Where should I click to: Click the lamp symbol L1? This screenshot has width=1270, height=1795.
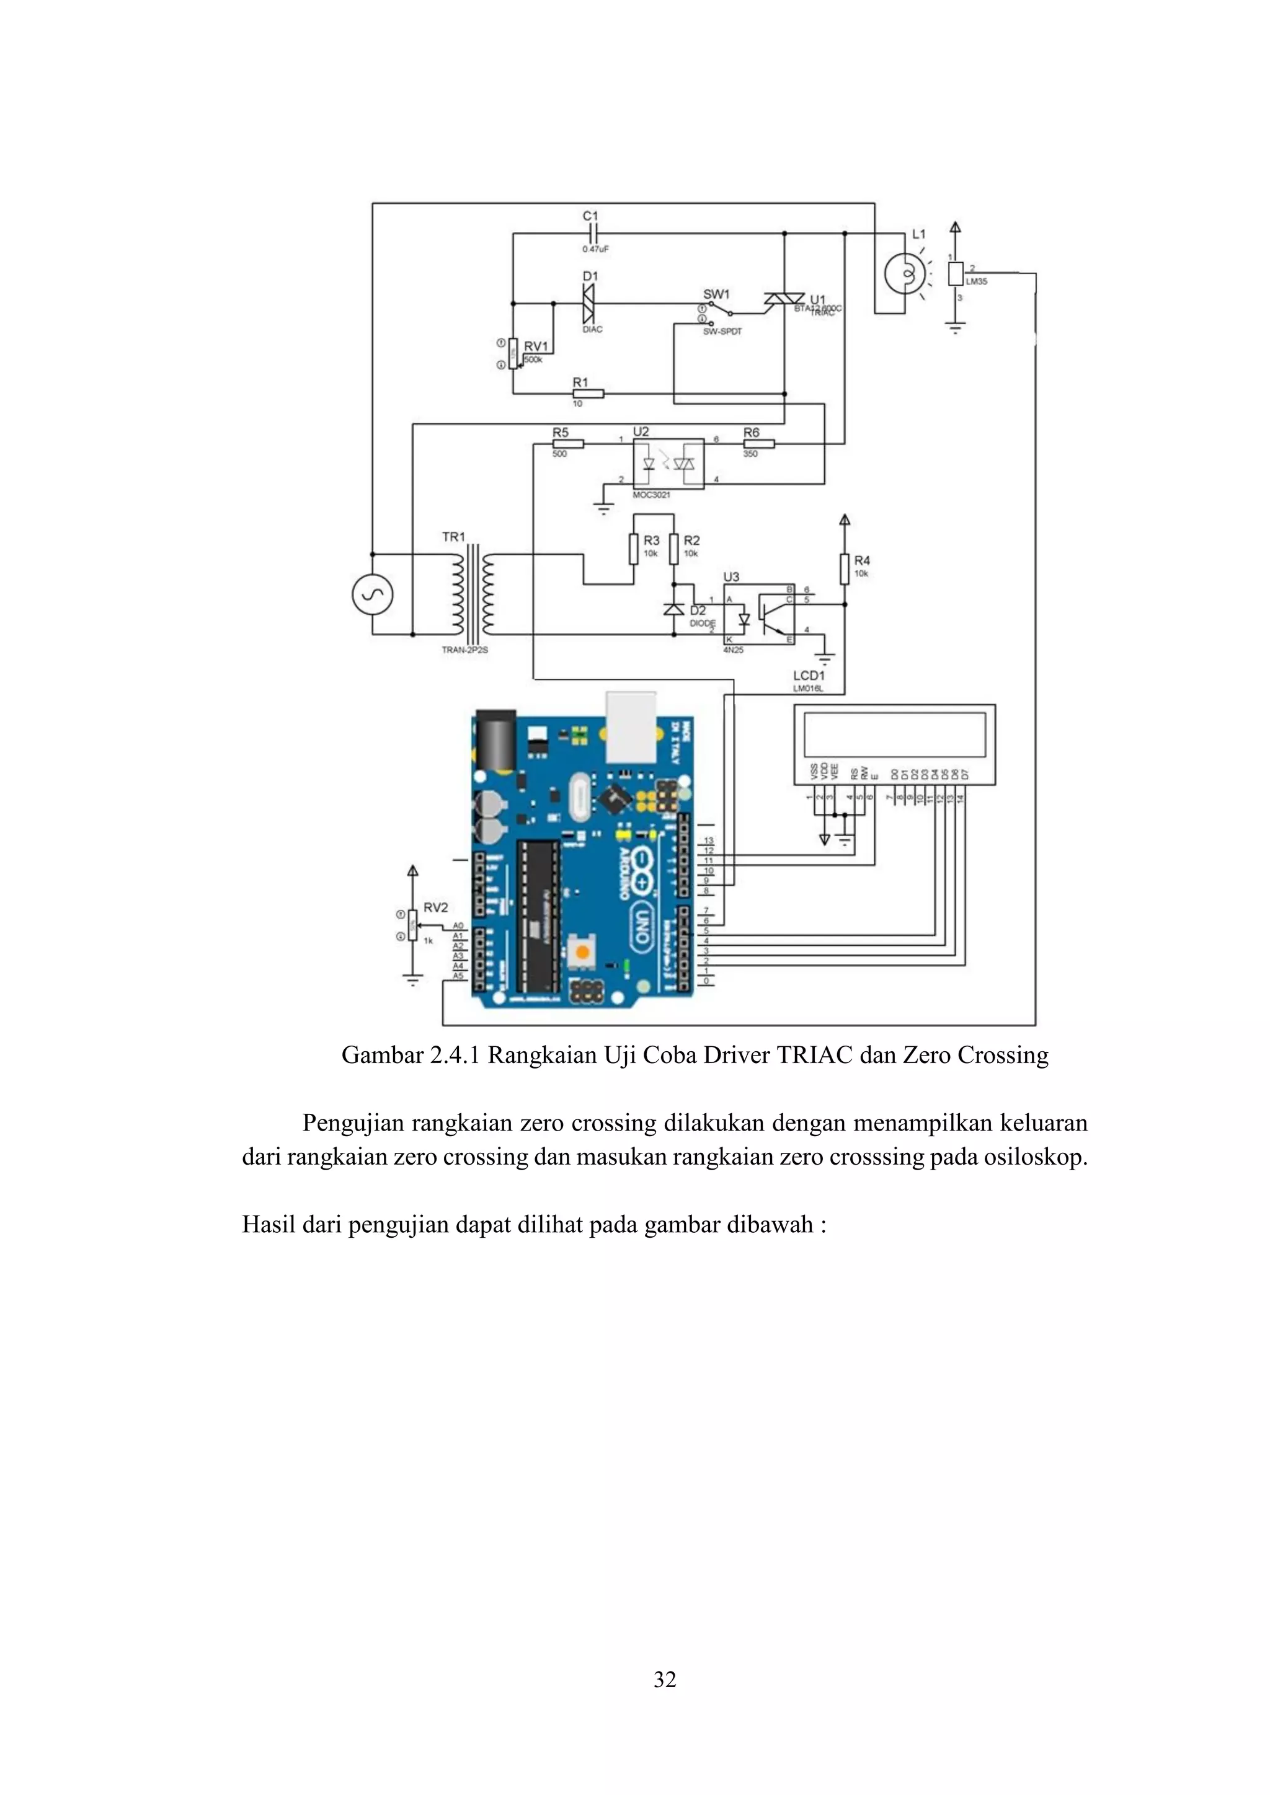905,273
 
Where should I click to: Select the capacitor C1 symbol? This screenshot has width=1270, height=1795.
593,232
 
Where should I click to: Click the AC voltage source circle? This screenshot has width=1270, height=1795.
372,594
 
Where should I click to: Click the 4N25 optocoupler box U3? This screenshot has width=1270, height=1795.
758,614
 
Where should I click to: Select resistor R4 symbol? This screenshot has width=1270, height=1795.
845,568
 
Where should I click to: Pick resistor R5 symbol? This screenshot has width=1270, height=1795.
568,444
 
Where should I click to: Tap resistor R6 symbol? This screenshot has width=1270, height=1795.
758,444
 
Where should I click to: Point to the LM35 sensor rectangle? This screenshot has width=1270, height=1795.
955,273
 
